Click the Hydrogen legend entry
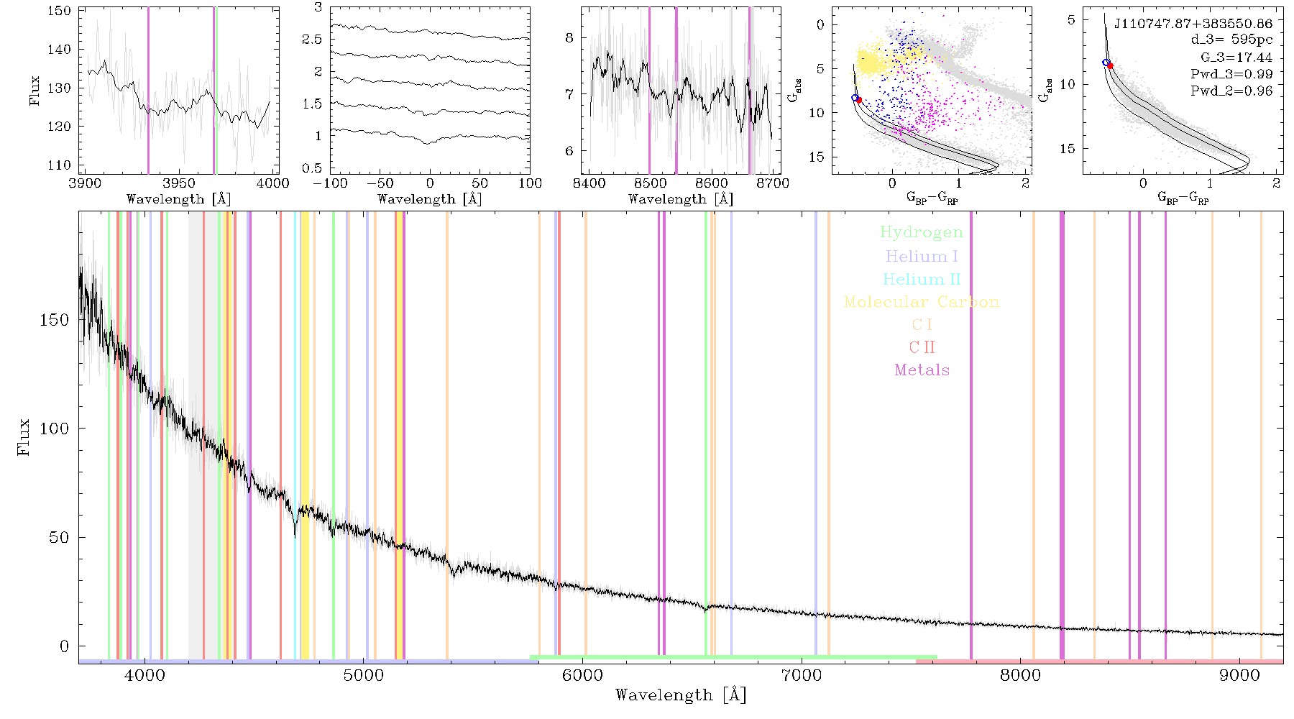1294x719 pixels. (921, 232)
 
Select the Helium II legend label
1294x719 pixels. (921, 279)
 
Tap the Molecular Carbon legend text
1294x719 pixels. (922, 302)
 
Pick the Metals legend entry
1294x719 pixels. (922, 370)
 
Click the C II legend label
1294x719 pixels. (922, 347)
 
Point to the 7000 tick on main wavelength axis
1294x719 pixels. (801, 675)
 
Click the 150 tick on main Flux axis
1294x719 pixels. (55, 319)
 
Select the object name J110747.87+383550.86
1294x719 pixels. (1193, 24)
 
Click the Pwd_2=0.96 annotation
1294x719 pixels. (1231, 91)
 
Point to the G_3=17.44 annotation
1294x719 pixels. (1236, 58)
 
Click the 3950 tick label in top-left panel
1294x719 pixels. (179, 183)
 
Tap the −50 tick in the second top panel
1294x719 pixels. (379, 183)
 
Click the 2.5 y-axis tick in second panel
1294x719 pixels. (312, 39)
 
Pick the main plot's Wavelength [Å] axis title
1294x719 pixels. (681, 695)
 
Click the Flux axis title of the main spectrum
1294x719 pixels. (24, 436)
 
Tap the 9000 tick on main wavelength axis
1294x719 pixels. (1239, 675)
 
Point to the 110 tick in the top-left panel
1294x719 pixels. (60, 165)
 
